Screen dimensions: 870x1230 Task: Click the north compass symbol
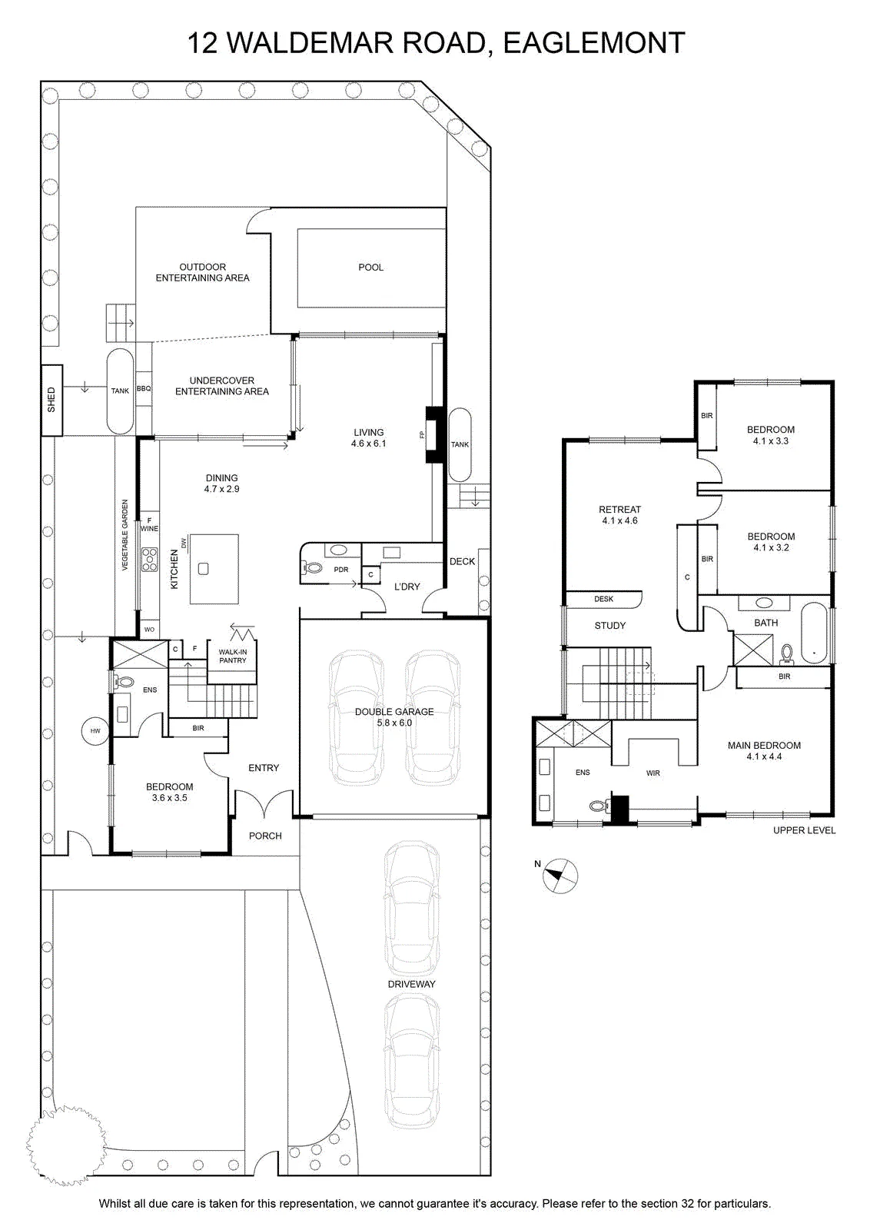tap(560, 876)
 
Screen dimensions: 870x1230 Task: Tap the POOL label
tap(370, 268)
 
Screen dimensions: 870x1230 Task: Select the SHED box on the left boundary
tap(51, 400)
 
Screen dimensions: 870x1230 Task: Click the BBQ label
tap(143, 389)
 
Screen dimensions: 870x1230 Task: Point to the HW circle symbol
tap(95, 731)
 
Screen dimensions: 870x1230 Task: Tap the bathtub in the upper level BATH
tap(814, 633)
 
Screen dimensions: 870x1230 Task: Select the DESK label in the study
tap(603, 599)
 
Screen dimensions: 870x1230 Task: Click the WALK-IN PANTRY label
tap(233, 657)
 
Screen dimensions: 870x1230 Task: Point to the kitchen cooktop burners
tap(149, 559)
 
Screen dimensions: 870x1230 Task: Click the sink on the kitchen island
tap(203, 569)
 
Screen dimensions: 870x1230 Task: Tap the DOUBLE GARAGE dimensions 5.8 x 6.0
tap(394, 723)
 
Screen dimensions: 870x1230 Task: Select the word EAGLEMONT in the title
tap(594, 43)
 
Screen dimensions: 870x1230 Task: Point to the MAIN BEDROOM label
tap(764, 745)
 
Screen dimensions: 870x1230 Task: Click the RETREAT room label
tap(619, 510)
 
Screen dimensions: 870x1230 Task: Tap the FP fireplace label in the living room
tap(422, 435)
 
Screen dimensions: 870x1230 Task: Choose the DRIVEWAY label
tap(411, 984)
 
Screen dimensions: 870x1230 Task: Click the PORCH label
tap(265, 836)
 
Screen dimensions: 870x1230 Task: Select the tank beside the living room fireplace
tap(460, 445)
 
